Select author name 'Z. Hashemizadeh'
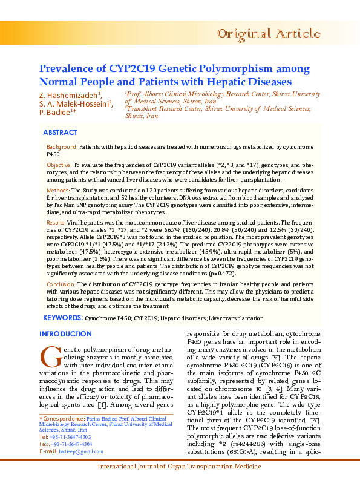[69, 96]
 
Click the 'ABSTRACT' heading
[60, 133]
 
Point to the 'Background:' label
[62, 147]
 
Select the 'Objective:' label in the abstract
[59, 165]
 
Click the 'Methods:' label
[58, 190]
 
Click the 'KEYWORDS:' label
[63, 317]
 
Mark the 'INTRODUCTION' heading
[65, 334]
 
